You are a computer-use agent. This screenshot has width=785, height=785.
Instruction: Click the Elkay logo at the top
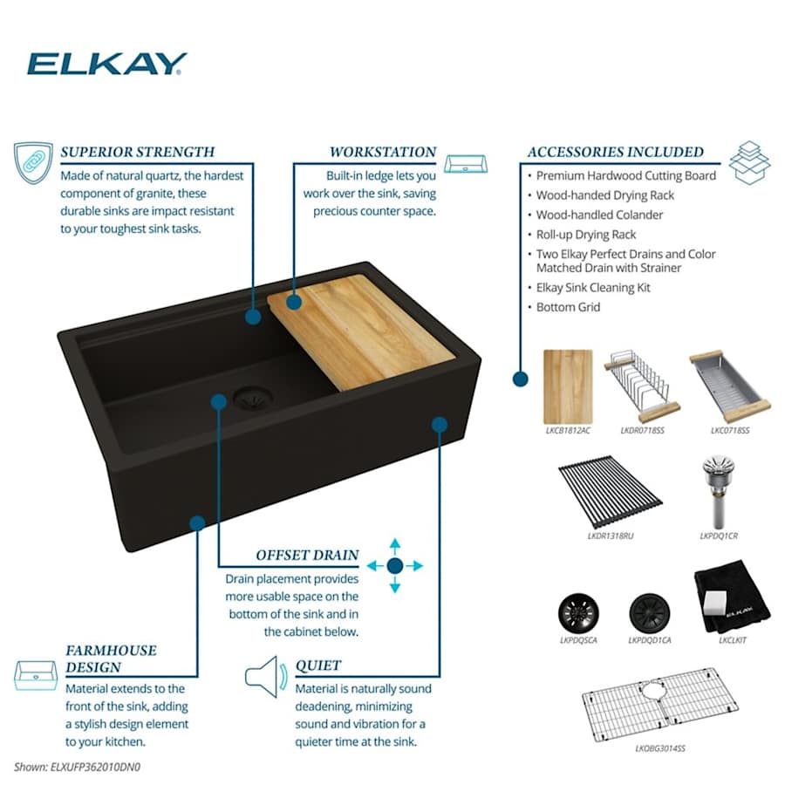click(x=106, y=64)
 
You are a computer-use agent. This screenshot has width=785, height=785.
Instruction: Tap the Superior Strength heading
click(x=138, y=152)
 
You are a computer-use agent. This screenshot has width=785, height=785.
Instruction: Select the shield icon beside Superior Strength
click(x=33, y=163)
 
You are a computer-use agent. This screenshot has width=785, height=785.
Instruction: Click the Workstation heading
click(x=383, y=152)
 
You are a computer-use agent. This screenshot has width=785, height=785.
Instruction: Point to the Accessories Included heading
click(x=615, y=152)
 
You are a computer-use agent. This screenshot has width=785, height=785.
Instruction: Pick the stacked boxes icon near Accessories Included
click(x=749, y=163)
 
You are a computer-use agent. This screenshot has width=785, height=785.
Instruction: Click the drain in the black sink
click(x=253, y=399)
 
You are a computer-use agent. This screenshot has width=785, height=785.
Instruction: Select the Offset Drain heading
click(x=307, y=556)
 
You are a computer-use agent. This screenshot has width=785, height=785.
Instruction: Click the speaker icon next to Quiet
click(x=266, y=677)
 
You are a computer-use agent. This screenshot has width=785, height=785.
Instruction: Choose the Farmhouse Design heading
click(x=111, y=659)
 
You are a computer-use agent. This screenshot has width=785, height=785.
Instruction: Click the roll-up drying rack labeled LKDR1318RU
click(x=611, y=491)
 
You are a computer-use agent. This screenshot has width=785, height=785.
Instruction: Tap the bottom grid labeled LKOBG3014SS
click(x=660, y=705)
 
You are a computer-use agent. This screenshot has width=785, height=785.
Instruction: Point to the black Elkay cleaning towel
click(x=732, y=597)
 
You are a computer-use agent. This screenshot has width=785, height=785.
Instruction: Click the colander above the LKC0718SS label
click(x=729, y=387)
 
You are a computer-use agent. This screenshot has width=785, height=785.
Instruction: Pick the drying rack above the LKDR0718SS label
click(x=642, y=387)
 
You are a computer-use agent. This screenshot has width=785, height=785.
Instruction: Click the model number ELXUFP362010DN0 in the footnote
click(x=95, y=767)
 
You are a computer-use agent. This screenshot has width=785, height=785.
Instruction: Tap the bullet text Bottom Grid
click(x=568, y=307)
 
